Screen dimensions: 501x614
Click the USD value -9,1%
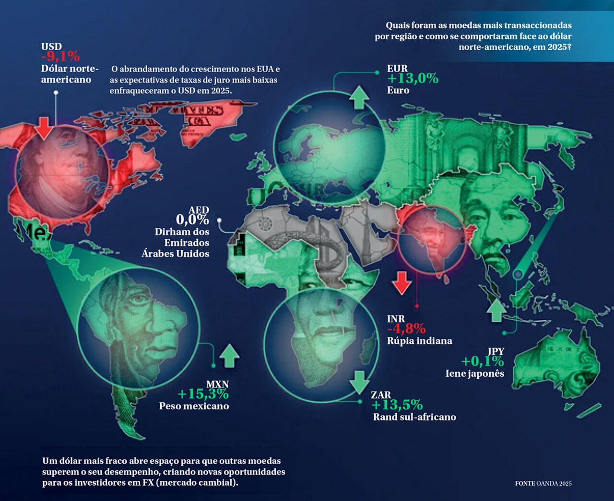[x=60, y=57]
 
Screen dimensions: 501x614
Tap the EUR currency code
[x=397, y=69]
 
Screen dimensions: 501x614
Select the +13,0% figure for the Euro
[x=413, y=79]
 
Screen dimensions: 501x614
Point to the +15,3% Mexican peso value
[x=203, y=394]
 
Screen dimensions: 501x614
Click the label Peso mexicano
[x=194, y=406]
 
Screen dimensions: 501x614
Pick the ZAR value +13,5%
[x=397, y=405]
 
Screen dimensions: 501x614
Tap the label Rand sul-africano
[x=414, y=417]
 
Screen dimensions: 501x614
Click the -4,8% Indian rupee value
[x=406, y=329]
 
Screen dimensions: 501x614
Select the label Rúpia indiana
[x=420, y=341]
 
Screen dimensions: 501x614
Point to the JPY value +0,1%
[x=483, y=361]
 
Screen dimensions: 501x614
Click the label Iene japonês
[x=475, y=373]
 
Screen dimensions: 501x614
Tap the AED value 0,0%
[x=192, y=220]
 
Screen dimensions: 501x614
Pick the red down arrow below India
[x=401, y=283]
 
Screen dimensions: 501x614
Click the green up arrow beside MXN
[x=229, y=355]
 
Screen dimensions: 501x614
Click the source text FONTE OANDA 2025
[x=543, y=483]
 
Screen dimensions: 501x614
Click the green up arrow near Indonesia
[x=496, y=311]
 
